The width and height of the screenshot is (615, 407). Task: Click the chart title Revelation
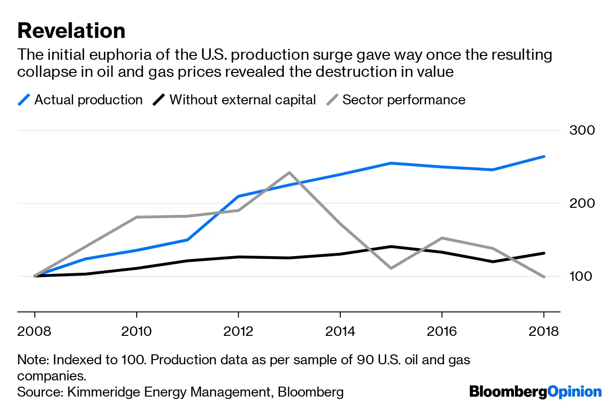tap(71, 31)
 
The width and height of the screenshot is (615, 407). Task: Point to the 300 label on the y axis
tap(581, 130)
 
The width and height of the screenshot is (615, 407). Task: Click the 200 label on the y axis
tap(581, 203)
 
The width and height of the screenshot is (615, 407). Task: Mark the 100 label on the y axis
tap(581, 276)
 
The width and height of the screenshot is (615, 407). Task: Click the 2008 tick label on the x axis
tap(34, 331)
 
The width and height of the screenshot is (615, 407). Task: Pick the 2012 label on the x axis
tap(238, 331)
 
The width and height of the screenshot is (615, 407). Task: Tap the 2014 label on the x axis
tap(340, 331)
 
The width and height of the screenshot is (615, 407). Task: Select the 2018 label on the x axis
tap(543, 331)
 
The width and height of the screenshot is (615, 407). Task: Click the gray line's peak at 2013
tap(289, 173)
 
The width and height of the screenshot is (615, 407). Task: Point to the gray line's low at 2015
tap(391, 268)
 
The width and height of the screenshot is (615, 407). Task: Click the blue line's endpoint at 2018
tap(543, 157)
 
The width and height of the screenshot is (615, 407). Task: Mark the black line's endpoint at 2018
tap(543, 253)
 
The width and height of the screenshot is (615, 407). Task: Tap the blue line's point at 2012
tap(238, 196)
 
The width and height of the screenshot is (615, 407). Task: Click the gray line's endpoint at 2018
tap(543, 277)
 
